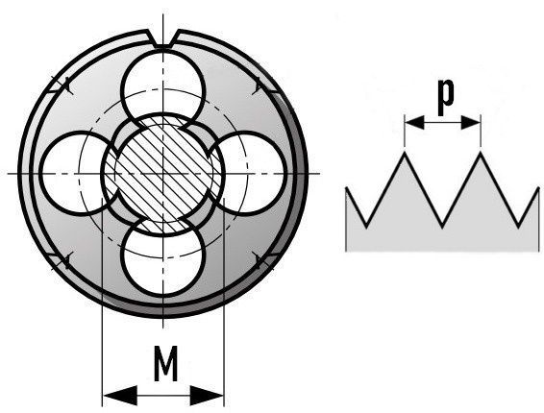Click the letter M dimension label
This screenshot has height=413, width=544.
click(x=166, y=363)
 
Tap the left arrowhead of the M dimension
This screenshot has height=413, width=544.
click(x=120, y=396)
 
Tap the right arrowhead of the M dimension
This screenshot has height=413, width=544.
click(x=207, y=396)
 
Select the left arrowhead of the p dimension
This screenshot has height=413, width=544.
click(x=414, y=122)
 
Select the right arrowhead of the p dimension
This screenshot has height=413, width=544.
click(x=470, y=122)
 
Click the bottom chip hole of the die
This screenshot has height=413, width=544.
click(x=163, y=257)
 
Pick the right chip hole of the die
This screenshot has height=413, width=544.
click(x=250, y=173)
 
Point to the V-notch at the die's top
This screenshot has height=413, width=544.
click(x=162, y=38)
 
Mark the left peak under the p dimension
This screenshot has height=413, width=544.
click(x=405, y=153)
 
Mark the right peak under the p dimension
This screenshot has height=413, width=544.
click(x=481, y=153)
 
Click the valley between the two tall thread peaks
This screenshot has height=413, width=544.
click(x=442, y=227)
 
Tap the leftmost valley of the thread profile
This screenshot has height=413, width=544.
click(x=366, y=227)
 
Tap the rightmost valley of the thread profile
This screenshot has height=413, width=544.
click(x=518, y=227)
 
